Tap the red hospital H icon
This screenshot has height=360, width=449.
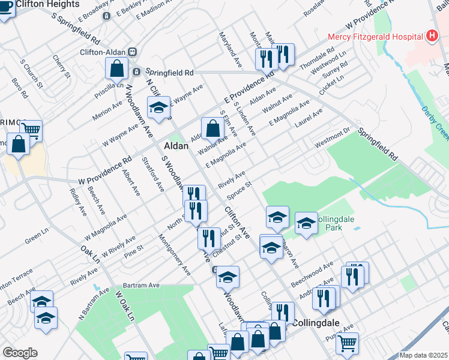pos(431,37)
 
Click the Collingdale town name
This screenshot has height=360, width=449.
pos(316,322)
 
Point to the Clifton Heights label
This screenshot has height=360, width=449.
pos(47,4)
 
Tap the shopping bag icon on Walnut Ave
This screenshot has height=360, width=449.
pos(212,127)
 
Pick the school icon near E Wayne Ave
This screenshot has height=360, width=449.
pos(158,107)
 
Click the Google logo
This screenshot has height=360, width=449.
pos(20,353)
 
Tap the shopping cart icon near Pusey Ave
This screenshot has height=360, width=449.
pos(347,343)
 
